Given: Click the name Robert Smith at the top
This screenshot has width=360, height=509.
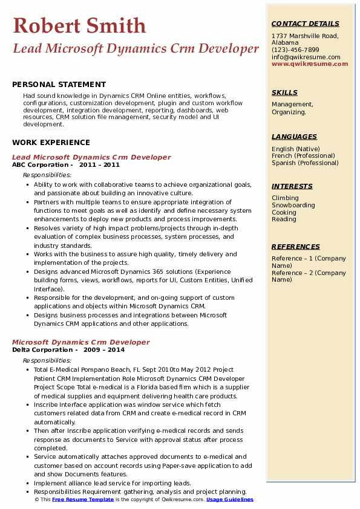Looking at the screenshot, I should point(79,25).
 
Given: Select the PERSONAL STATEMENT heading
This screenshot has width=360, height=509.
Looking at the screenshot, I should point(59,85).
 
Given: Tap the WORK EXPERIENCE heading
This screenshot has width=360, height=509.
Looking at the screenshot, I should point(51,143).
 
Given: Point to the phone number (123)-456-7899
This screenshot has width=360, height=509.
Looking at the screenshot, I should point(295,50).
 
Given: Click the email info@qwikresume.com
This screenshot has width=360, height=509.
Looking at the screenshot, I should point(306,57).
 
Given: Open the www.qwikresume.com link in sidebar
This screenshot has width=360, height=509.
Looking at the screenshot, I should point(310,64).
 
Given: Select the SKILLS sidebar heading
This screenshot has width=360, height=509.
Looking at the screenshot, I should point(284,92).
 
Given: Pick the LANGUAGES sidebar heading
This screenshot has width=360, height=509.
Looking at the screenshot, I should point(294,137).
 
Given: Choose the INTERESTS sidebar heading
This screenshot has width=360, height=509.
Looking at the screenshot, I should point(292,186).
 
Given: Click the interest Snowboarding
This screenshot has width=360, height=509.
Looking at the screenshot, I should point(293,206).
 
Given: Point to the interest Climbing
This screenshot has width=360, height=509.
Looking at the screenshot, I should point(285,198).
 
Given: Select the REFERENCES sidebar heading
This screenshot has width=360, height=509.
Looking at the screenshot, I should point(296,247).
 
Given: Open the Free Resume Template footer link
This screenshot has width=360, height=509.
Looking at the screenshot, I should point(83,500).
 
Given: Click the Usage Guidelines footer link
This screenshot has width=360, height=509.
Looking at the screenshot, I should point(229,500).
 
